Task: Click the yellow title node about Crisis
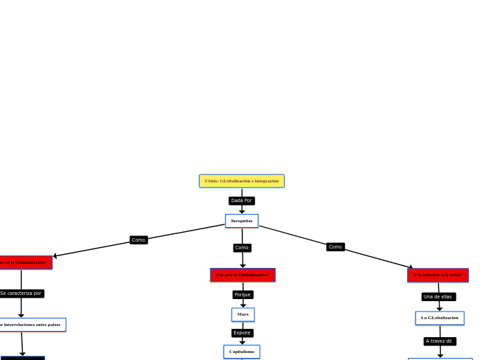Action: click(x=242, y=181)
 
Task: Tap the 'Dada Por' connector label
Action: click(x=242, y=201)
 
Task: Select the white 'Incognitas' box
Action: click(x=242, y=221)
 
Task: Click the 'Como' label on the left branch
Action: click(x=139, y=240)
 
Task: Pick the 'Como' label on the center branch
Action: click(x=242, y=248)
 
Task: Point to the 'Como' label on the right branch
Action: click(x=335, y=247)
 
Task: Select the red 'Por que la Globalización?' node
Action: click(x=242, y=275)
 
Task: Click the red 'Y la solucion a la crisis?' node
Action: click(x=438, y=275)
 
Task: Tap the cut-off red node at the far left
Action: click(x=25, y=262)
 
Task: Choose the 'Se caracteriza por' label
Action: click(x=21, y=294)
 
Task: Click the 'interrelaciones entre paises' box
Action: click(x=31, y=325)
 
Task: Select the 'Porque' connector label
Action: click(x=242, y=295)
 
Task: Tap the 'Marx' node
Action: click(x=243, y=314)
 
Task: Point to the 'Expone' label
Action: click(x=242, y=333)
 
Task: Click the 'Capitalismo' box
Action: click(x=242, y=352)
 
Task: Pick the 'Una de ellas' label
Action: click(x=438, y=297)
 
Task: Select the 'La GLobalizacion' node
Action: click(x=440, y=318)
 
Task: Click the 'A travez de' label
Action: click(x=440, y=341)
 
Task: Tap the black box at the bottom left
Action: click(x=23, y=358)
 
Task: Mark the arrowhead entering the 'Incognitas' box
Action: click(x=242, y=212)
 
